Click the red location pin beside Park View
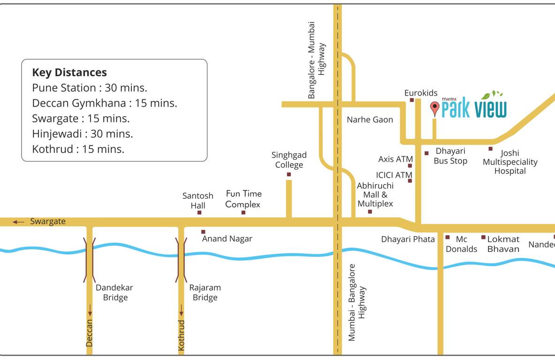(435, 108)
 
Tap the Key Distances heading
(69, 73)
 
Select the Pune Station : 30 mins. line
(90, 88)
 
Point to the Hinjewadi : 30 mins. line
(83, 134)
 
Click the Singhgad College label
(289, 160)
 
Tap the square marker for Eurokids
(412, 100)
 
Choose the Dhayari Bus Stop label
(450, 156)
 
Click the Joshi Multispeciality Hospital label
(510, 162)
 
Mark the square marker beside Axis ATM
(410, 165)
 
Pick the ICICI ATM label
(394, 175)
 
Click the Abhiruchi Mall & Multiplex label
(375, 195)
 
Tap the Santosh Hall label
(198, 201)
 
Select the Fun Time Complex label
(243, 199)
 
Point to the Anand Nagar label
(227, 239)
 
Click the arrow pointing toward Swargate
(18, 222)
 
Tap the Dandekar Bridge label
(114, 292)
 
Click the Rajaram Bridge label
(205, 292)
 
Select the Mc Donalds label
(461, 244)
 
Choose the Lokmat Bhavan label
(503, 244)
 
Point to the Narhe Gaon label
(370, 120)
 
